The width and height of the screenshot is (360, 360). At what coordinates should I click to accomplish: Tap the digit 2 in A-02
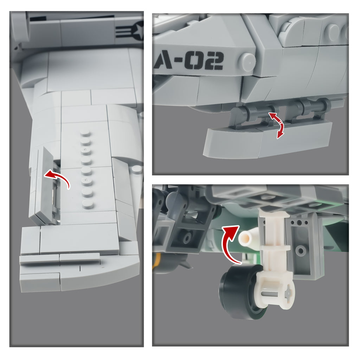click(x=215, y=60)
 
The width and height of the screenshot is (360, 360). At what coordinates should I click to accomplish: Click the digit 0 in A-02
click(x=194, y=61)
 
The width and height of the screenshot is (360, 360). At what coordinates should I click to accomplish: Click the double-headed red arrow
click(x=278, y=126)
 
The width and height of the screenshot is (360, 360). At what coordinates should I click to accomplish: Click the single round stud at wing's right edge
click(x=137, y=170)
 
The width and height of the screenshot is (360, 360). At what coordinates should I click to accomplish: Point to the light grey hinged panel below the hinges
click(x=268, y=140)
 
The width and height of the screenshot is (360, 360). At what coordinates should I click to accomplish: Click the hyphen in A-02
click(x=178, y=61)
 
